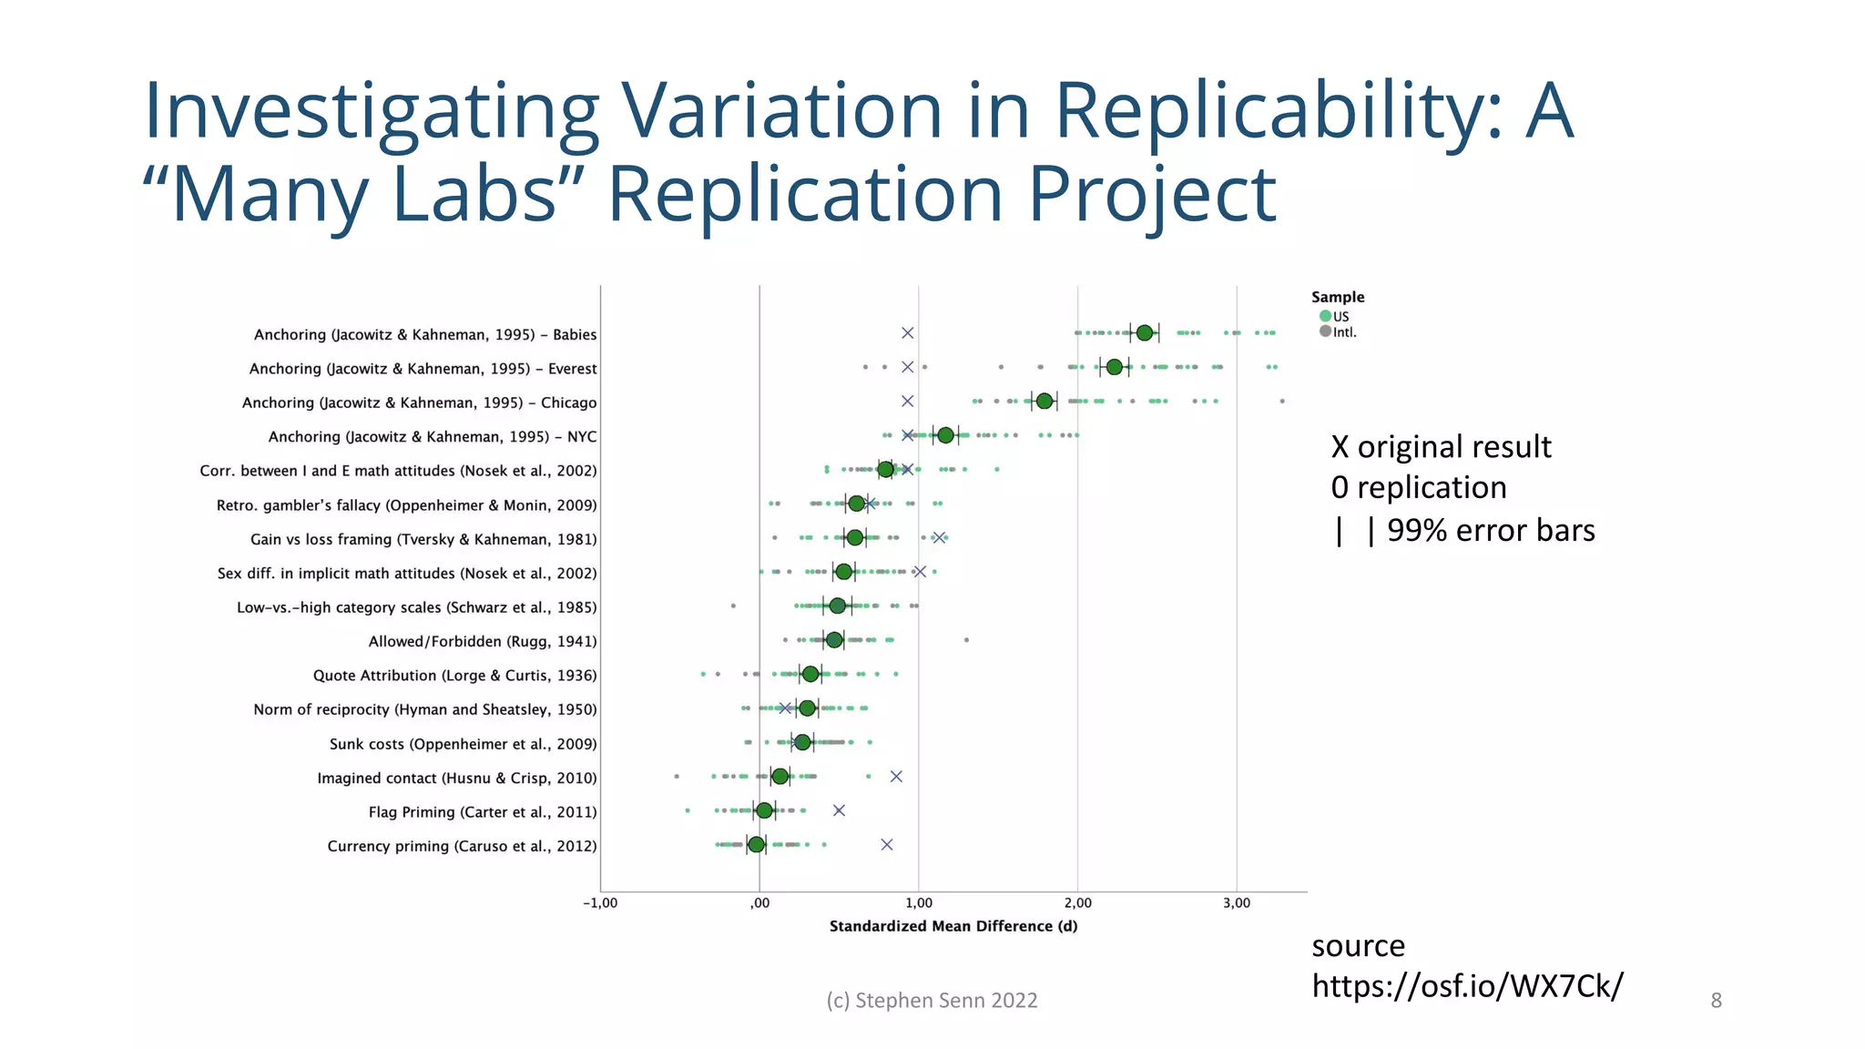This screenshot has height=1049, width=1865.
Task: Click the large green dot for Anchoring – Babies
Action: (1144, 333)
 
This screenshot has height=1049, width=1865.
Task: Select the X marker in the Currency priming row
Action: (886, 845)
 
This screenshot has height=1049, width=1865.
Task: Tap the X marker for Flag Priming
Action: (839, 810)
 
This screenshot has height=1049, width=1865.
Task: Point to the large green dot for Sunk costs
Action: (801, 742)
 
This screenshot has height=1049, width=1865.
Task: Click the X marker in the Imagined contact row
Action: (896, 777)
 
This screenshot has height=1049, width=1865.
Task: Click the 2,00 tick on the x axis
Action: (1077, 903)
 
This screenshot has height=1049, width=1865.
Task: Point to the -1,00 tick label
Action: (600, 903)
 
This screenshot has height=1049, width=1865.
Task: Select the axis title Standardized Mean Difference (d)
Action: (953, 926)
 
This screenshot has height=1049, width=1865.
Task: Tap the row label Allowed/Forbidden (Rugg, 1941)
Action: (482, 641)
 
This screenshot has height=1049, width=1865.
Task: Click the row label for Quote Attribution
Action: (454, 676)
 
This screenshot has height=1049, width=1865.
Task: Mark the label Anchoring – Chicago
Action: (419, 402)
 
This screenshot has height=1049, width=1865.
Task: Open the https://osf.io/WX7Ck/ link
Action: (1466, 986)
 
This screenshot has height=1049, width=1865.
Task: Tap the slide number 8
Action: (1716, 1001)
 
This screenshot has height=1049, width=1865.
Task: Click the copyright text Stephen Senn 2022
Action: (932, 1001)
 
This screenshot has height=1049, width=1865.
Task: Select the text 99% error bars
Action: (1490, 530)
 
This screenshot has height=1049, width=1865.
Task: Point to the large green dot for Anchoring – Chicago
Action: (1044, 402)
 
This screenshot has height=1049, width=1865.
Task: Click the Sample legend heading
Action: (1337, 297)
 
